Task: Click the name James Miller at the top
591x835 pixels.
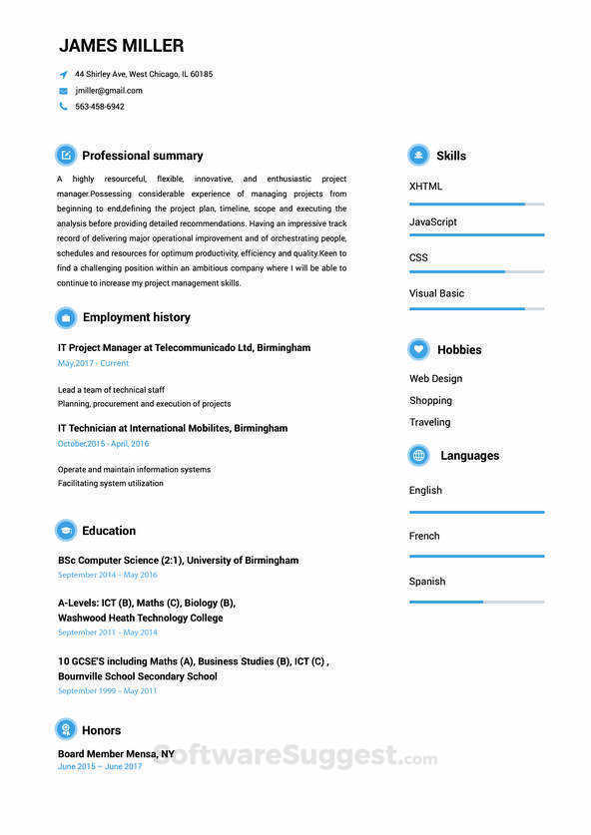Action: [x=121, y=46]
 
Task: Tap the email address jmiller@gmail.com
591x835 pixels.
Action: [x=109, y=91]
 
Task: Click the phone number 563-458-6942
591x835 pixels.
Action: [x=100, y=107]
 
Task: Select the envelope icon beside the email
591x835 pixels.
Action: [x=63, y=91]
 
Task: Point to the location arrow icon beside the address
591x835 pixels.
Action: [x=63, y=75]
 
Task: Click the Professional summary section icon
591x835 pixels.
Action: [x=66, y=155]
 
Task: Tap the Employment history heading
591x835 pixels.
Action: [x=136, y=317]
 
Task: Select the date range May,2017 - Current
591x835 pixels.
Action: [x=93, y=363]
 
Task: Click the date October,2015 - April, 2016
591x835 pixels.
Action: [x=103, y=443]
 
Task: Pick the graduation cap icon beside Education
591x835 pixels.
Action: [x=66, y=531]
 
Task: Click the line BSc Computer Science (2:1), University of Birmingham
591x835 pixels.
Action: [x=178, y=561]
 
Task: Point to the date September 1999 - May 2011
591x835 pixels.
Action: [x=107, y=690]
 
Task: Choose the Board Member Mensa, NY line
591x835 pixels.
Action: [x=116, y=754]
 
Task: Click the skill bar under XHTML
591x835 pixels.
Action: [x=476, y=205]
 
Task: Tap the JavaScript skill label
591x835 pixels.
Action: [x=433, y=221]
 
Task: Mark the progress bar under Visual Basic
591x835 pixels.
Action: [x=476, y=308]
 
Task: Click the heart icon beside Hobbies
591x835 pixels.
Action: [x=419, y=349]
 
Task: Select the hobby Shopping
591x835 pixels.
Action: [x=430, y=400]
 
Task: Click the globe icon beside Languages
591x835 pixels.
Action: [x=419, y=455]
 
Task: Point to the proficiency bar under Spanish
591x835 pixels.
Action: [x=476, y=602]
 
